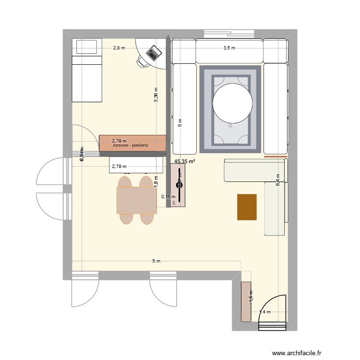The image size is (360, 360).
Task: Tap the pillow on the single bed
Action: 87,47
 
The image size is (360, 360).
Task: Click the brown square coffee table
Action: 247,207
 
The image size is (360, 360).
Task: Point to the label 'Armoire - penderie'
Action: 130,145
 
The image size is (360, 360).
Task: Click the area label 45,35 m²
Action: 185,162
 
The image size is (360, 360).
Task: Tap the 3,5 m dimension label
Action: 229,48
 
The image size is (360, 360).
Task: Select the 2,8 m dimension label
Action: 119,48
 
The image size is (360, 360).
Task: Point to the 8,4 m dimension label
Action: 277,180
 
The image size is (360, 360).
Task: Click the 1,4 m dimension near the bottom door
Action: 264,312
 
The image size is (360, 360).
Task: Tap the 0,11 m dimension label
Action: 168,196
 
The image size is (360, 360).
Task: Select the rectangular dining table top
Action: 137,200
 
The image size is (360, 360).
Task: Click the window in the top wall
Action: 229,33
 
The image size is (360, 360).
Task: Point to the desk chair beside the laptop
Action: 143,61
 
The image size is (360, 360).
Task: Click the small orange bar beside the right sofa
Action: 276,156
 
